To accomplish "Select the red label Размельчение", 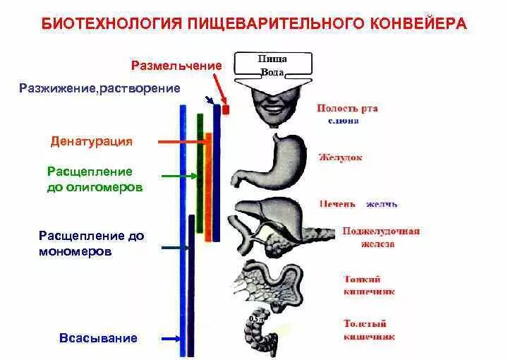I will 176,66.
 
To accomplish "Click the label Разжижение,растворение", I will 99,88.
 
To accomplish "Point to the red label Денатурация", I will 92,141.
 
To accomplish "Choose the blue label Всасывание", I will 98,338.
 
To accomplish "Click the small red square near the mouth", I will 226,109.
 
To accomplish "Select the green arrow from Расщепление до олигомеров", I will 180,174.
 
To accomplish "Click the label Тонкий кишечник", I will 368,284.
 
